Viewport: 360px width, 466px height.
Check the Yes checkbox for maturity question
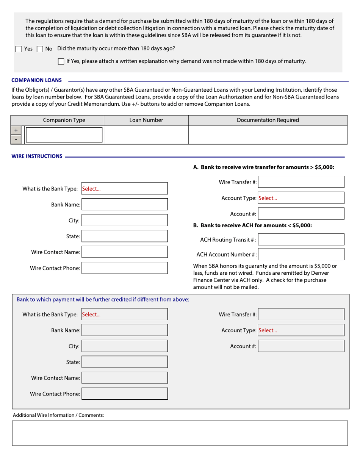tap(19, 49)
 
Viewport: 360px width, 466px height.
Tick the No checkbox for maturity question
tap(40, 49)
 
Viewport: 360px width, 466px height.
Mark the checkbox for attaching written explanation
tap(61, 61)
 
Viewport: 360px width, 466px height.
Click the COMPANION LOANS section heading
tap(37, 80)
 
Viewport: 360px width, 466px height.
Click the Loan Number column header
tap(146, 120)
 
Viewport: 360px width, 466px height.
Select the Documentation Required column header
tap(268, 120)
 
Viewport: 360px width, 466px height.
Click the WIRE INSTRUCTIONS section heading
tap(37, 156)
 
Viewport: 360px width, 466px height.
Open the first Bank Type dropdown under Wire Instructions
tap(124, 189)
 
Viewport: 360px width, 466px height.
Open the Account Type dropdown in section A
tap(301, 198)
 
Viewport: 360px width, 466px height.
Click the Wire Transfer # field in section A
tap(301, 182)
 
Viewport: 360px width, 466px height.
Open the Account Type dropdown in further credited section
tap(301, 330)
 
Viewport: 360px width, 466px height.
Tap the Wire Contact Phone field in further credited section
tap(124, 394)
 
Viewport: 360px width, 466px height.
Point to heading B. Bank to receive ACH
tap(252, 225)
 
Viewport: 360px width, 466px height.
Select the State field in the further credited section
tap(124, 362)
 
